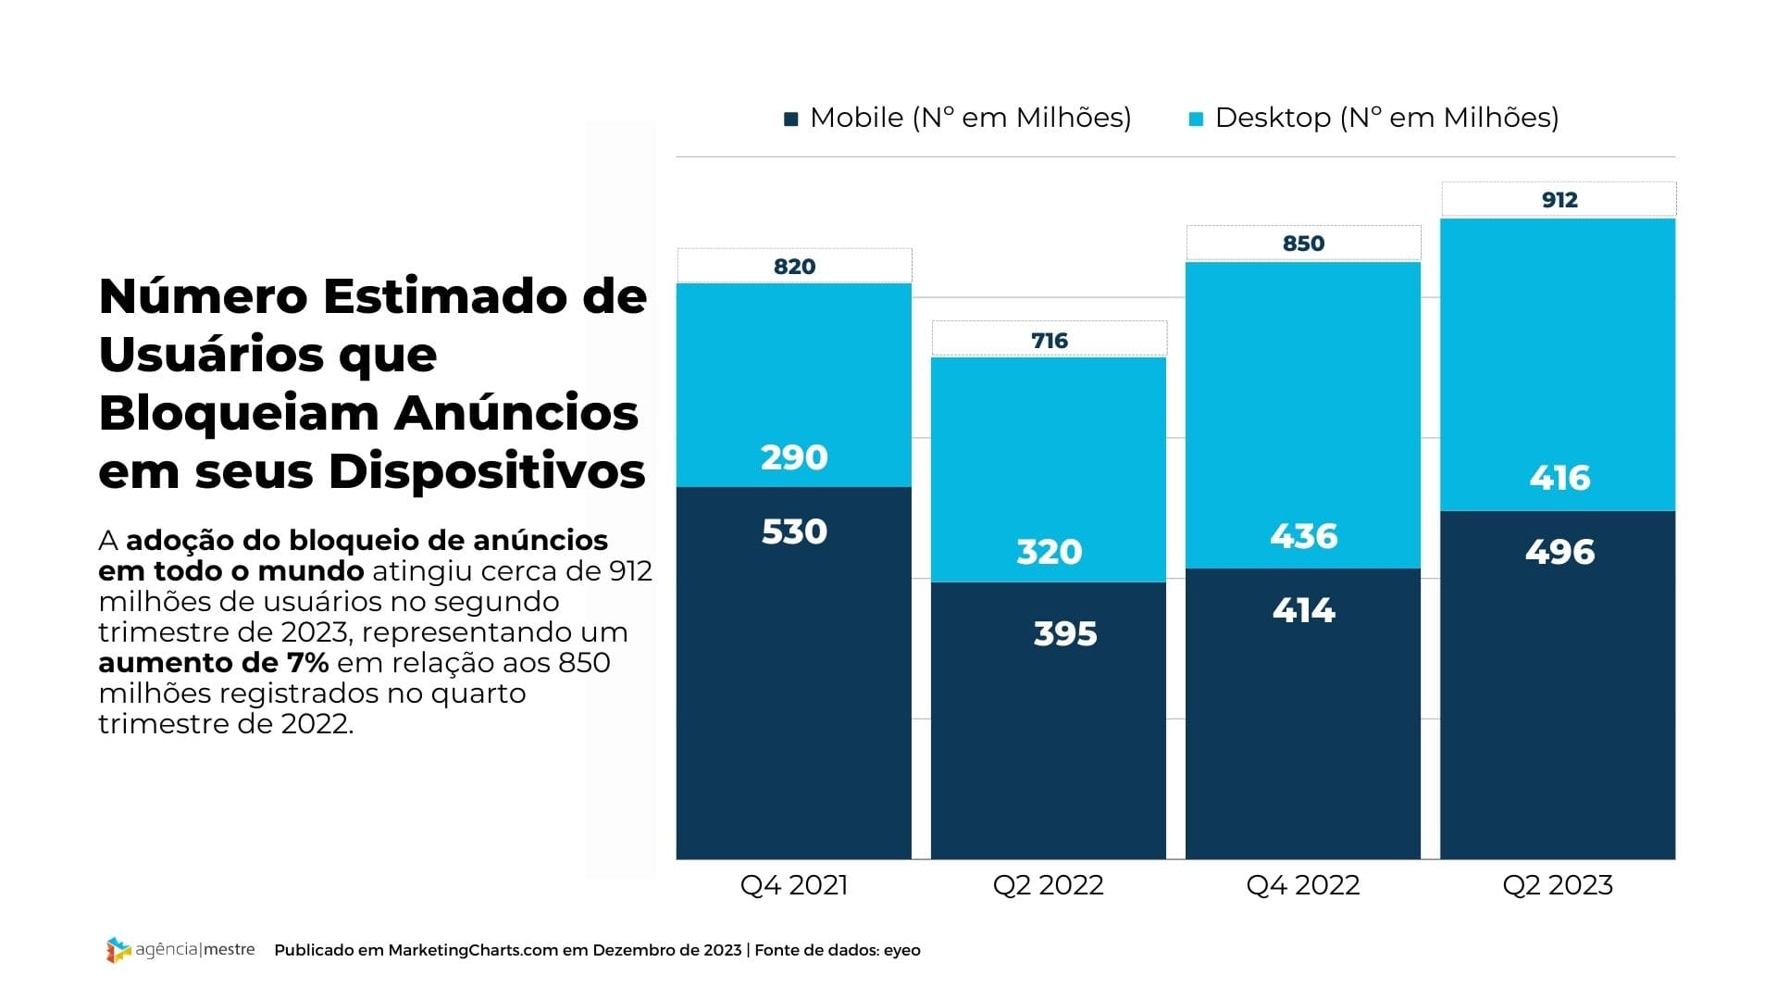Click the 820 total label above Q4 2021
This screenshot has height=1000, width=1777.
pos(794,267)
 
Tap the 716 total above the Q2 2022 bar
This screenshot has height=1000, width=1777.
pos(1050,341)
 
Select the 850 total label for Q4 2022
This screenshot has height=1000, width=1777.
pos(1303,244)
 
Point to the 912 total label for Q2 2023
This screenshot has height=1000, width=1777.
pos(1560,200)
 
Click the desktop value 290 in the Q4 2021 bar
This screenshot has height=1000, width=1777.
pos(794,457)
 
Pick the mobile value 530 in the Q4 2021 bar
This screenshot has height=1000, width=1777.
pos(794,531)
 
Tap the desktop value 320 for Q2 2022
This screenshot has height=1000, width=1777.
pos(1050,552)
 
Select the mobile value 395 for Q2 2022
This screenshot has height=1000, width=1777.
pos(1065,634)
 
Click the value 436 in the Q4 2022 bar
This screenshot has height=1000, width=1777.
pos(1303,536)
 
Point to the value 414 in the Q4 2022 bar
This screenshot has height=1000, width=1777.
pos(1303,610)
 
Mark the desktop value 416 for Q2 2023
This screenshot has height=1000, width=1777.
pos(1560,478)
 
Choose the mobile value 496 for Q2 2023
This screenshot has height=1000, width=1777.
pos(1560,552)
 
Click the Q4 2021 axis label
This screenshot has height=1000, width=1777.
pos(794,885)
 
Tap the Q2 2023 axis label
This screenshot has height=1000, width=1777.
pos(1558,885)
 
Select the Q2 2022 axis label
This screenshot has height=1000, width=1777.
pos(1048,885)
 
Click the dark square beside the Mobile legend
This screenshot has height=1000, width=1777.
pos(791,119)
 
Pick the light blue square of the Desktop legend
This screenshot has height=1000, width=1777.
pos(1196,119)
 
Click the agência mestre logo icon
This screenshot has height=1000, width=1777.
pos(118,950)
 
